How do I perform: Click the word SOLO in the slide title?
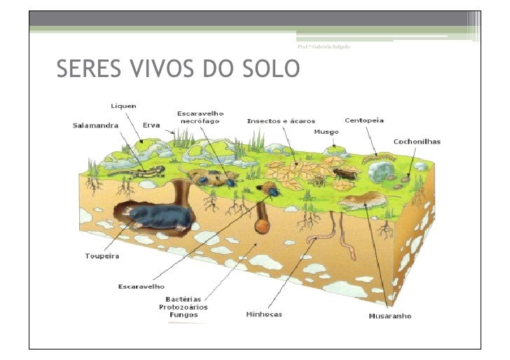271,69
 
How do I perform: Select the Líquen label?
123,106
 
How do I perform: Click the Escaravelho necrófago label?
200,117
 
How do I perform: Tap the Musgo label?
326,132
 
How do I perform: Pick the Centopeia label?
364,120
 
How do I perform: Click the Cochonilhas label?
417,141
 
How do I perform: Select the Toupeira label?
102,256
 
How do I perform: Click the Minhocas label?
264,314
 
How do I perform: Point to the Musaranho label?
390,316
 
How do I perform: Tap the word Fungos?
183,314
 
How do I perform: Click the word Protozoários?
183,307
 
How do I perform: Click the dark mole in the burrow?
161,216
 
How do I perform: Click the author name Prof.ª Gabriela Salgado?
324,46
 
